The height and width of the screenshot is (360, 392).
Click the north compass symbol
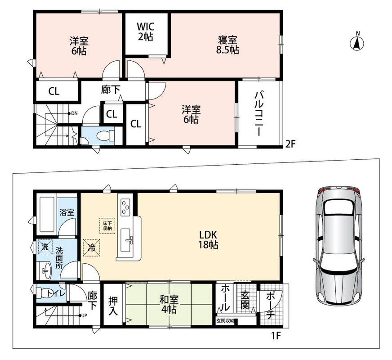pyautogui.click(x=357, y=43)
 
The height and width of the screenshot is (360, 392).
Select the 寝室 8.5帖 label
pyautogui.click(x=227, y=45)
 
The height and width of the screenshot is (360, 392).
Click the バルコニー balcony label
pyautogui.click(x=258, y=114)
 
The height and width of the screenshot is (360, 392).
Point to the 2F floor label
pyautogui.click(x=290, y=144)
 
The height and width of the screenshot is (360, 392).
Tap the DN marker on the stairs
pyautogui.click(x=73, y=113)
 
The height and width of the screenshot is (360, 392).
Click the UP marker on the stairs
pyautogui.click(x=83, y=316)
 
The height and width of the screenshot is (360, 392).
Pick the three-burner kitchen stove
pyautogui.click(x=125, y=207)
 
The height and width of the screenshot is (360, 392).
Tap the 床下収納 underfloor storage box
pyautogui.click(x=107, y=226)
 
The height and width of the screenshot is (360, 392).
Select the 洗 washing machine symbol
pyautogui.click(x=45, y=247)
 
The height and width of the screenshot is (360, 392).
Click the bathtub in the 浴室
pyautogui.click(x=47, y=214)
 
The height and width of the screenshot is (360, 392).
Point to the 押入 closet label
pyautogui.click(x=113, y=306)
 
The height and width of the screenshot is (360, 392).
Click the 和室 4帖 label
pyautogui.click(x=169, y=304)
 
